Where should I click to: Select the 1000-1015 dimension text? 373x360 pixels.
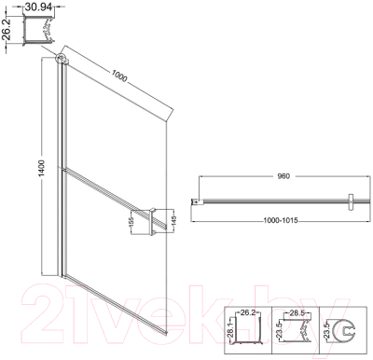coord(283,221)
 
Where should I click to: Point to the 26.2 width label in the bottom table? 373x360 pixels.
coord(247,313)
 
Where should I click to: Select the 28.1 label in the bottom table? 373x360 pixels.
coord(228,332)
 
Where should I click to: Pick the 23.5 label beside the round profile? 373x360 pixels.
coord(326,332)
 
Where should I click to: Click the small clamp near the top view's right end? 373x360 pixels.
coord(348,201)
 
